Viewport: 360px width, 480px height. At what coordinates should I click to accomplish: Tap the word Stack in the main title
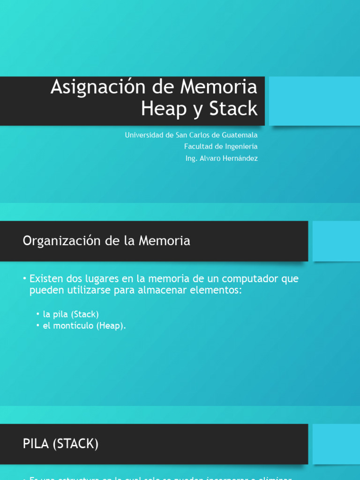pyautogui.click(x=233, y=109)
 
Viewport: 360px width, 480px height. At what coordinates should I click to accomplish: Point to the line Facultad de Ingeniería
pyautogui.click(x=221, y=147)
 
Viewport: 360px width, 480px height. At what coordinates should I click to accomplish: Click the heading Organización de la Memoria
pyautogui.click(x=106, y=241)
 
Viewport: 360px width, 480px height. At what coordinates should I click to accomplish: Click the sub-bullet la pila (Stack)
pyautogui.click(x=71, y=314)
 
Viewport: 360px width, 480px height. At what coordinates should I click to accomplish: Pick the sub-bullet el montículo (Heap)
pyautogui.click(x=84, y=326)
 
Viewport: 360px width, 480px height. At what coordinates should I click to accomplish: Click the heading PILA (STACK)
pyautogui.click(x=60, y=443)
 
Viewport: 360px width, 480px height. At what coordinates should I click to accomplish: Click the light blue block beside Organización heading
pyautogui.click(x=336, y=241)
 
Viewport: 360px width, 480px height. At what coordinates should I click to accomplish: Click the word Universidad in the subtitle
pyautogui.click(x=143, y=135)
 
